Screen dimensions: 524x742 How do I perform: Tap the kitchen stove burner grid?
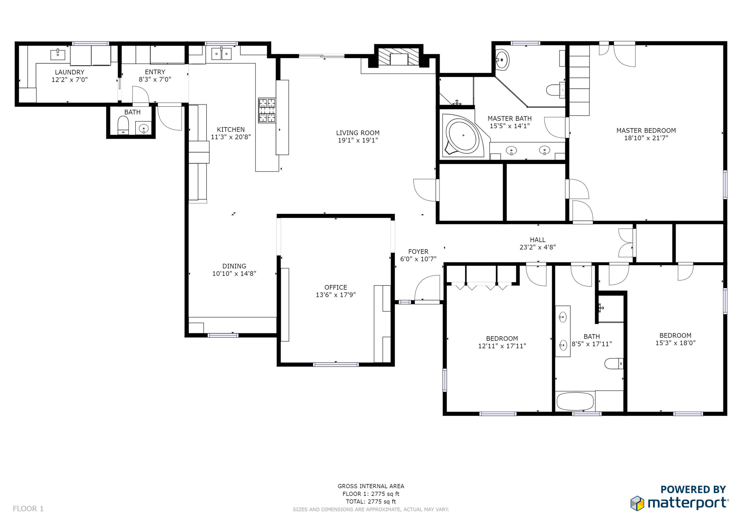[267, 110]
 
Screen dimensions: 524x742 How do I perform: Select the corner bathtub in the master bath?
[463, 136]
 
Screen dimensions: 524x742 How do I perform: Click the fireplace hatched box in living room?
[399, 57]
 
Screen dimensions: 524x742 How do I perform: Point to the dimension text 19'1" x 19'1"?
[358, 140]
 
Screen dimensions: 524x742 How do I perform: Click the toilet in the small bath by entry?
[123, 125]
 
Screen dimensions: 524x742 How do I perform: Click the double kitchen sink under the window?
[221, 54]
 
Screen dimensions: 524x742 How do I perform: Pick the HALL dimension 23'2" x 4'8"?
[537, 247]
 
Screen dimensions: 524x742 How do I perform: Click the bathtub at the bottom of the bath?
[575, 401]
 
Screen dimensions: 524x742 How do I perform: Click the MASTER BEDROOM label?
[646, 130]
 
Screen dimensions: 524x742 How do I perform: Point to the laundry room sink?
[58, 55]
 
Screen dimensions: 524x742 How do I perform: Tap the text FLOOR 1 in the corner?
[28, 509]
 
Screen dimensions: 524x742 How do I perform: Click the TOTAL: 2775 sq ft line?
[371, 502]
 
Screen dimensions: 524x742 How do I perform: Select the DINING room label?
[234, 266]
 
